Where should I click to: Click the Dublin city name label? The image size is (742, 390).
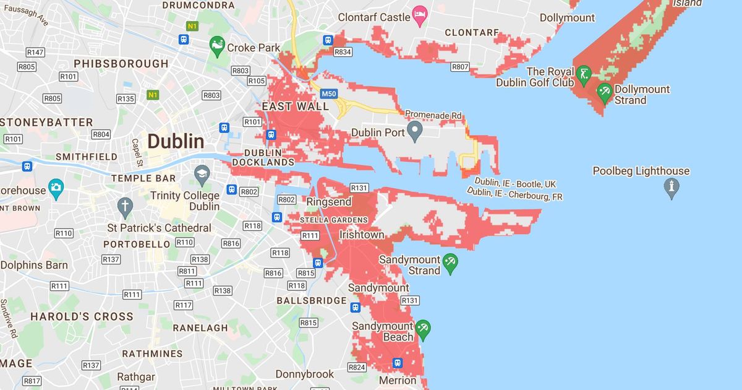tap(176, 141)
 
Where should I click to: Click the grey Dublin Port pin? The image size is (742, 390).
tap(414, 131)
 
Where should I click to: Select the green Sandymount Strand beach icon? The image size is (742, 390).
tap(450, 263)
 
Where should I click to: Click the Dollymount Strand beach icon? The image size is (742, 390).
tap(605, 93)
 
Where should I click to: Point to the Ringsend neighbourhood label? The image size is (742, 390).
tap(330, 202)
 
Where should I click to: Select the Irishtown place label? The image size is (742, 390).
tap(362, 235)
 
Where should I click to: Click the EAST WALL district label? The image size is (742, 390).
tap(296, 106)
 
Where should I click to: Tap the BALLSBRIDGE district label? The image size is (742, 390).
tap(311, 301)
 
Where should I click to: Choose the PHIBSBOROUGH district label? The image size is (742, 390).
tap(121, 63)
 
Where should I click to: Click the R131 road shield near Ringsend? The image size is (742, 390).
tap(359, 188)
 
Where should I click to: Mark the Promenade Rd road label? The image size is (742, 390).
tap(433, 115)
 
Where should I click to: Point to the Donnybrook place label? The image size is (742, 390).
tap(304, 374)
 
